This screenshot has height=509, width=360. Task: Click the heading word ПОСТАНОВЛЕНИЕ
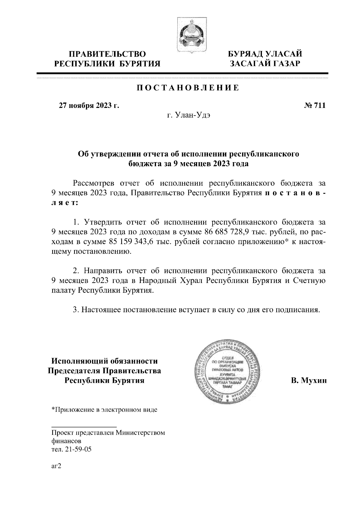point(188,88)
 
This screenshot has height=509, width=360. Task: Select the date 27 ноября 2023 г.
point(89,106)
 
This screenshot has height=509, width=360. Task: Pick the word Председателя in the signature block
point(74,371)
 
